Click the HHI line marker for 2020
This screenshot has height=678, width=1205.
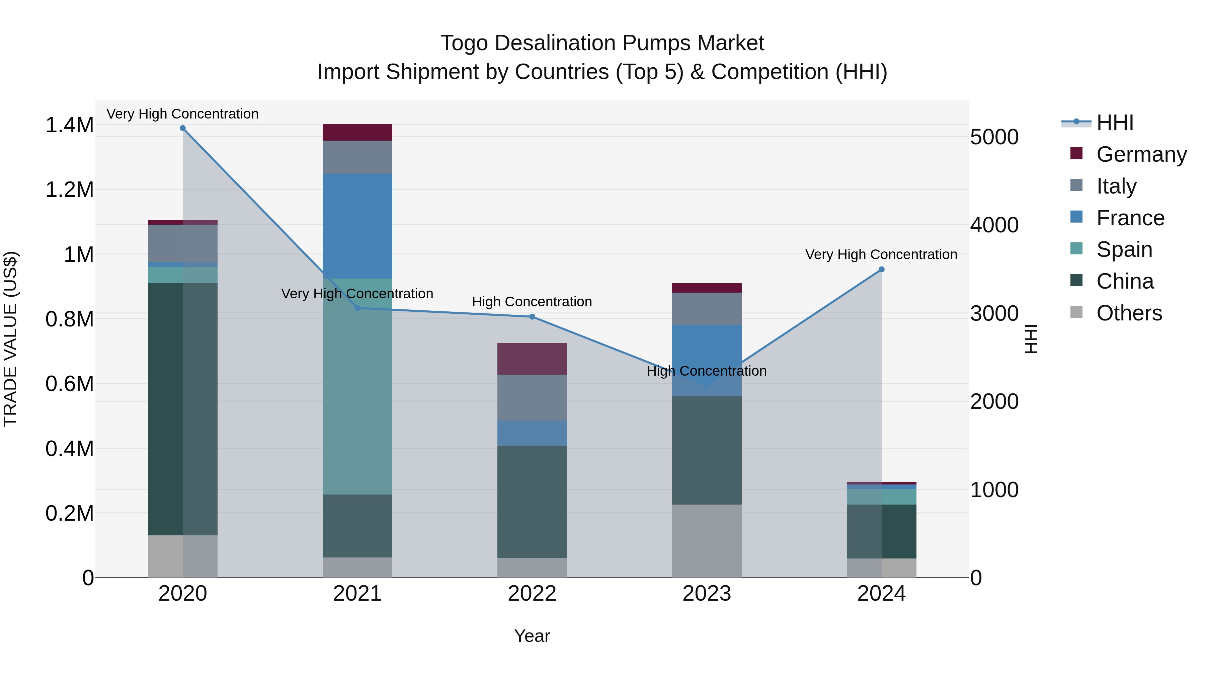(x=183, y=128)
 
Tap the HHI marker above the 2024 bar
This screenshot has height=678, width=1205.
(x=881, y=270)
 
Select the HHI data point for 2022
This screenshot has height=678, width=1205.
(x=532, y=317)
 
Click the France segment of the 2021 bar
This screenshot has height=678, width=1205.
(x=357, y=226)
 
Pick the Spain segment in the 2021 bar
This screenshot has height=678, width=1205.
(x=357, y=386)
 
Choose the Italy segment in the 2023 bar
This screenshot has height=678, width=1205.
(x=707, y=309)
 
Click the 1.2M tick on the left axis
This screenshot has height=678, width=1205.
(x=69, y=190)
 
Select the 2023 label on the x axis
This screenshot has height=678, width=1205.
(x=707, y=594)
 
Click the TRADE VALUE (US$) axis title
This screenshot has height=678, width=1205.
(x=10, y=339)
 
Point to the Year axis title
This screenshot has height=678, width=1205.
(x=532, y=636)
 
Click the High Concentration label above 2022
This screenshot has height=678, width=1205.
(x=532, y=302)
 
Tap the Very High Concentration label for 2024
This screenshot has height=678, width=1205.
(x=881, y=254)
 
